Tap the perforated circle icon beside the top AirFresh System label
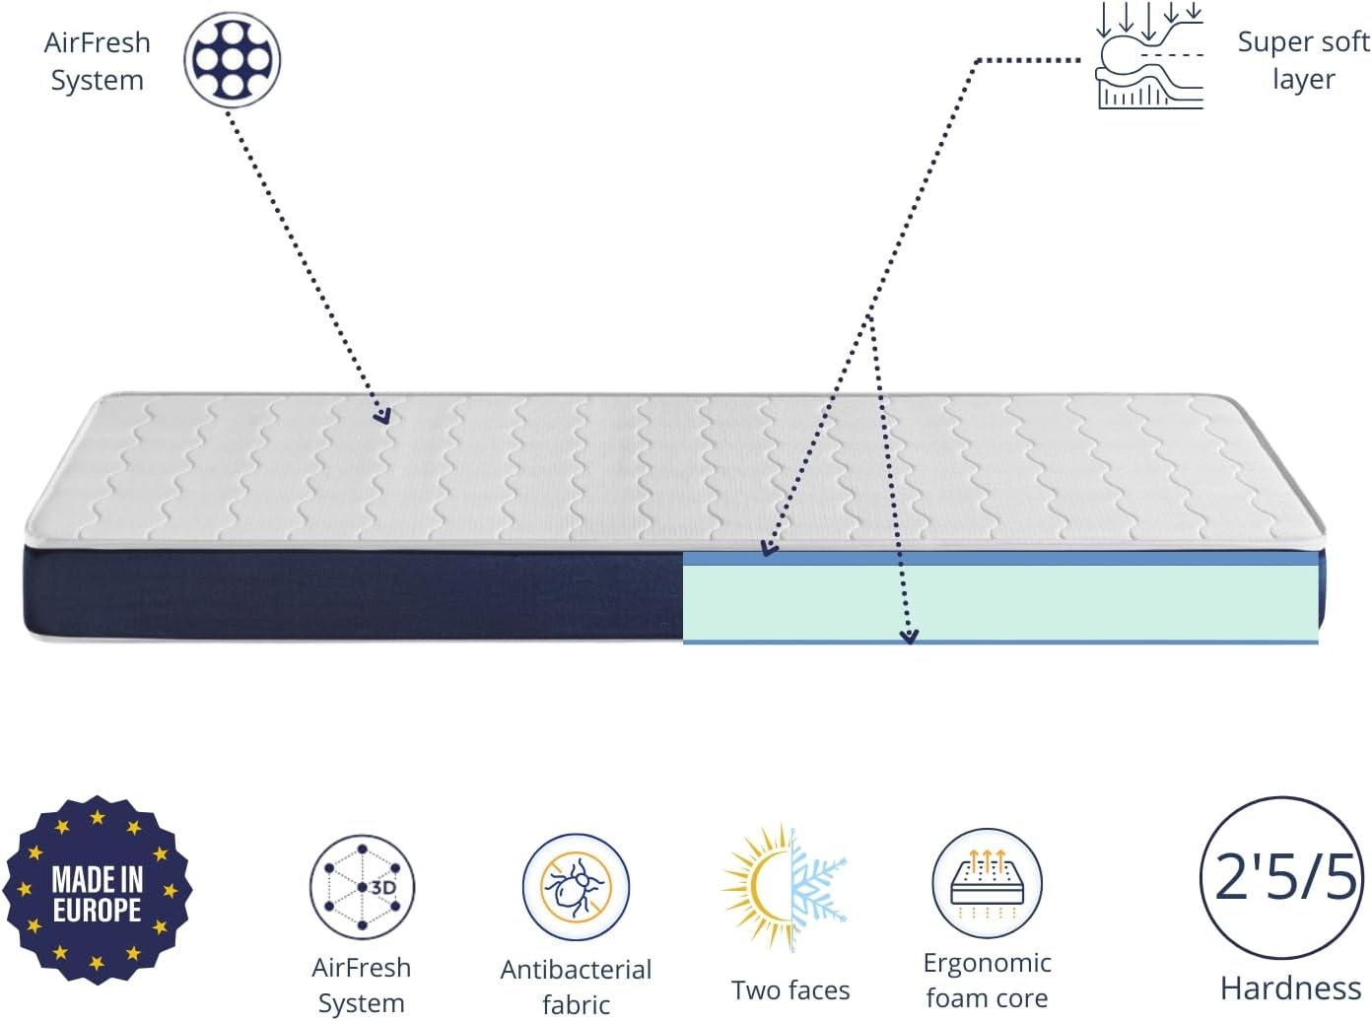(233, 59)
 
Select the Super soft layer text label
(1302, 60)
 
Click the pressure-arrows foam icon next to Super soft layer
(1149, 57)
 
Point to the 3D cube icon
(362, 887)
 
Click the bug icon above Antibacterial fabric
(576, 887)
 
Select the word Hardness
(1290, 987)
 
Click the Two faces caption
(790, 989)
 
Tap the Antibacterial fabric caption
(576, 987)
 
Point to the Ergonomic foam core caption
(987, 980)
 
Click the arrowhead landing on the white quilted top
(382, 416)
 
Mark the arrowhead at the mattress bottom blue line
(909, 637)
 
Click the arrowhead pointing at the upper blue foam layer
(769, 549)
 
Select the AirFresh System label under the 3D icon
(361, 985)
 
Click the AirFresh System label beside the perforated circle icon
(97, 61)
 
